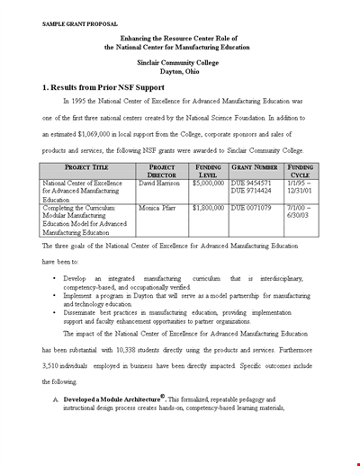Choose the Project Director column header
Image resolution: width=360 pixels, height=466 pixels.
point(162,172)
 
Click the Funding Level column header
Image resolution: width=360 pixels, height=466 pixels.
point(209,172)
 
